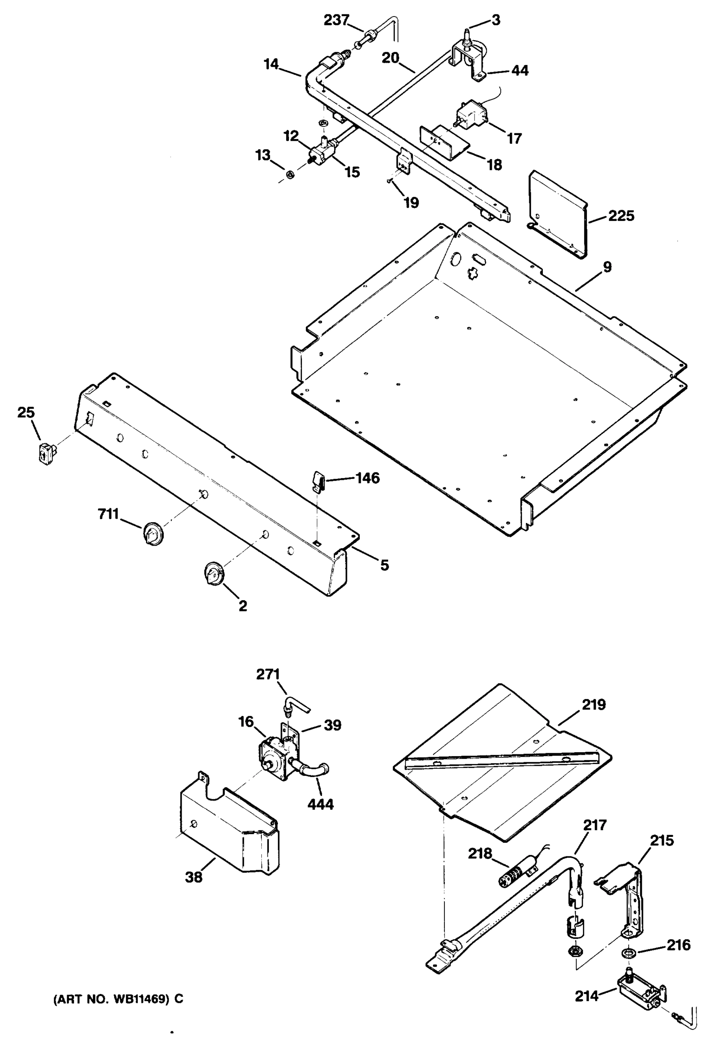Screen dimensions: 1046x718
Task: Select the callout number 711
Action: click(108, 513)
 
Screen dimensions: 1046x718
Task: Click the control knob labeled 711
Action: click(153, 533)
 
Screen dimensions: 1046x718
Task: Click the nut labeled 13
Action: click(291, 174)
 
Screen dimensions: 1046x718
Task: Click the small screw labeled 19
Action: click(388, 180)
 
